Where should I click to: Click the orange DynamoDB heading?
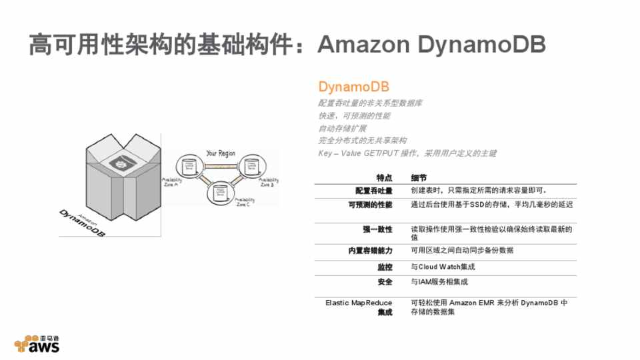(353, 87)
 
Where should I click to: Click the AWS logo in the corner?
(37, 343)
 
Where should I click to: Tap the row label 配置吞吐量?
(374, 191)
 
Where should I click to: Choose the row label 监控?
(384, 267)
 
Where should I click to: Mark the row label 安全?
(384, 282)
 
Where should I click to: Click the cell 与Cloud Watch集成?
(443, 267)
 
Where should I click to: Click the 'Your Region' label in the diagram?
(221, 153)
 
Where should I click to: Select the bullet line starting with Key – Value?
(407, 153)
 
